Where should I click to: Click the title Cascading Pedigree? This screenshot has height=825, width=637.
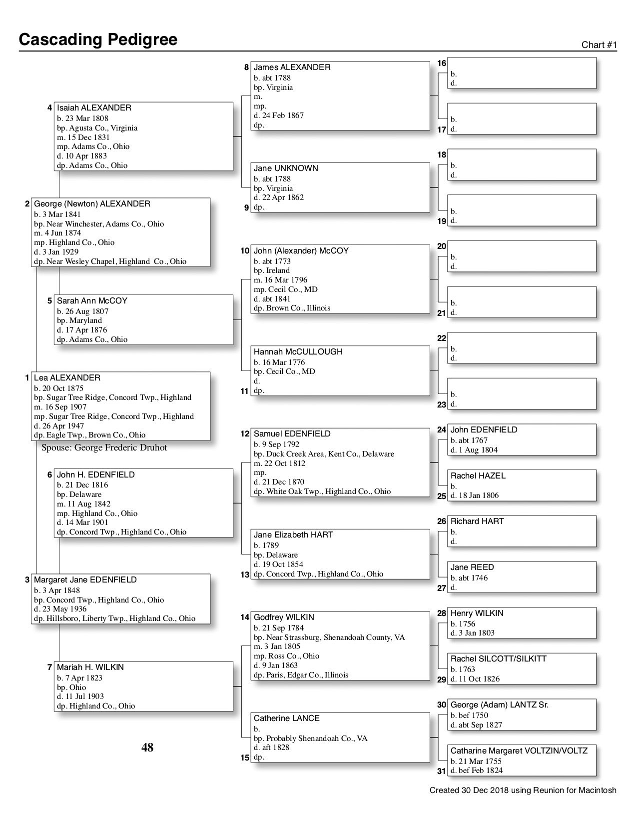click(98, 39)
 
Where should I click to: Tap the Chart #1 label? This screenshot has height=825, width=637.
click(599, 45)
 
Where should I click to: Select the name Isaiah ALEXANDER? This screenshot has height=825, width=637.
click(94, 108)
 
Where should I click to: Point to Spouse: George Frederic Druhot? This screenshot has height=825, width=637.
click(104, 447)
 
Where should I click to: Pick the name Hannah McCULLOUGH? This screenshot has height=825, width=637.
click(298, 352)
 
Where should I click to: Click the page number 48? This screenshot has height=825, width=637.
click(147, 747)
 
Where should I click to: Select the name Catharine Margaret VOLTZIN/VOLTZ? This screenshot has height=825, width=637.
click(519, 751)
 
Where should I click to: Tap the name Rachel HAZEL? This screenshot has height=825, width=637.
click(478, 476)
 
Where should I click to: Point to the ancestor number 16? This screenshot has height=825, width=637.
click(442, 63)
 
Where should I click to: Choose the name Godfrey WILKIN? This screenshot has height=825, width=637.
click(284, 617)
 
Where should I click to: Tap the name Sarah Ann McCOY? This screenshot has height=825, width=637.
click(92, 301)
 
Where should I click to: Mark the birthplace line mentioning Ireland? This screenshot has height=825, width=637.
click(271, 270)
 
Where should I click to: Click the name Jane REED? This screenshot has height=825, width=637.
click(472, 567)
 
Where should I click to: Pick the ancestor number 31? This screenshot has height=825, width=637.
click(441, 771)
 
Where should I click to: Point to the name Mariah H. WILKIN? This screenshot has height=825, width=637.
click(90, 667)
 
